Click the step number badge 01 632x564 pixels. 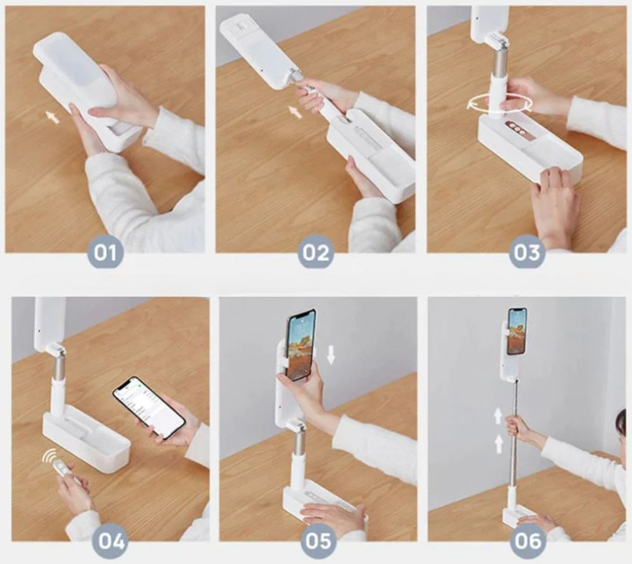(105, 252)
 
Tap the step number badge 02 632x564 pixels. (316, 252)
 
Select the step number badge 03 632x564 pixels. (527, 252)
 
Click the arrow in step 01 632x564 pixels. (53, 117)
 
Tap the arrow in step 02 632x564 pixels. (296, 112)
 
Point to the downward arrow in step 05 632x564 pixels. (331, 354)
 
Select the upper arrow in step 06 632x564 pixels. (499, 416)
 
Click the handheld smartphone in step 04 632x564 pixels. (148, 408)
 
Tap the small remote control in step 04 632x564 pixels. (63, 470)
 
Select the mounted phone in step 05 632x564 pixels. (301, 345)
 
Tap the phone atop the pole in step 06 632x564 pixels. (517, 331)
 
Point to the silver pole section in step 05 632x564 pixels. (298, 442)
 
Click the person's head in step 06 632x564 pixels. (621, 429)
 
